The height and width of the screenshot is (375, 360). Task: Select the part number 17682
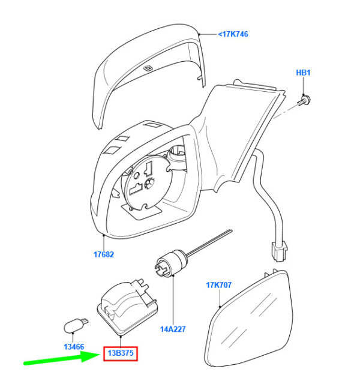pos(103,254)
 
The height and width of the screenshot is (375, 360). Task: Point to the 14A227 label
pos(173,328)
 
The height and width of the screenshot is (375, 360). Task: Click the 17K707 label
pos(219,285)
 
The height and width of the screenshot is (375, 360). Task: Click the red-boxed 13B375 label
pos(121,353)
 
